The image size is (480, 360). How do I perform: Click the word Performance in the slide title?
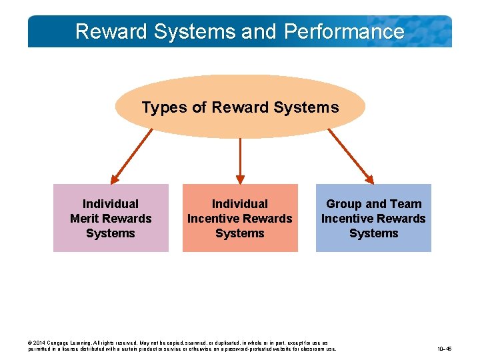point(344,32)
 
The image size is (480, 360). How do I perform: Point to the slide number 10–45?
point(445,349)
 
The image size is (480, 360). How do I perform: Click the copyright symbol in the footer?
point(30,343)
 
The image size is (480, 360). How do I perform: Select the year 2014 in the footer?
point(40,343)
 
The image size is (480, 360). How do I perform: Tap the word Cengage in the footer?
point(59,343)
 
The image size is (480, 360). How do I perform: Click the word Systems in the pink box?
point(111,233)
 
